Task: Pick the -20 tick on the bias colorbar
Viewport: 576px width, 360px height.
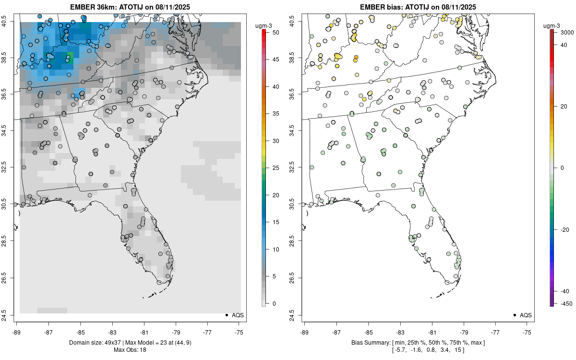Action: pos(561,229)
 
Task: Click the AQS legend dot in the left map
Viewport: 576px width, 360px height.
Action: pos(226,315)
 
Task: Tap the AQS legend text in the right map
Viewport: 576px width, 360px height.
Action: pos(526,315)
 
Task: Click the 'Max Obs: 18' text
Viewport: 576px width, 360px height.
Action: pos(130,349)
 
